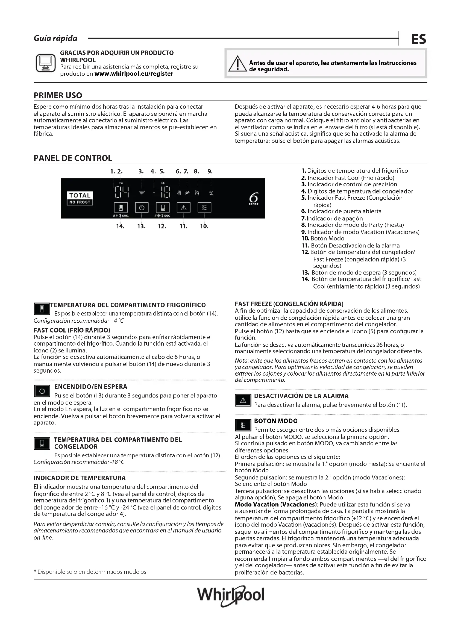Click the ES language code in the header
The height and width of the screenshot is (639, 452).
[418, 39]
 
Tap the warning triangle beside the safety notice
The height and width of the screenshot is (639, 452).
[237, 64]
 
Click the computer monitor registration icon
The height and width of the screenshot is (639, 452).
[46, 63]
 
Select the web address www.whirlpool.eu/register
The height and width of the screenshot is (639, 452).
[134, 74]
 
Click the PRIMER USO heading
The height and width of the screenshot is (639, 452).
[58, 95]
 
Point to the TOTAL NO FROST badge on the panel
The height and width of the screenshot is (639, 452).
[80, 198]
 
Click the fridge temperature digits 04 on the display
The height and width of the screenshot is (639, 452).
[122, 192]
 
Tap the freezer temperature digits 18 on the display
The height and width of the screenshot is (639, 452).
[165, 192]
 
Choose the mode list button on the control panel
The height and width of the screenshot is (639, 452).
[204, 208]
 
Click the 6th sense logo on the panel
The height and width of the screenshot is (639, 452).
[254, 198]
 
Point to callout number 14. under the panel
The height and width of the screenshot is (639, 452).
[120, 226]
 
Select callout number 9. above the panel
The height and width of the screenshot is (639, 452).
[210, 172]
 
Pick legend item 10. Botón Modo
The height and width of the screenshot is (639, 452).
[322, 238]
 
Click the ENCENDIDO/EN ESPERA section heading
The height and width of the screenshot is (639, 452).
[91, 387]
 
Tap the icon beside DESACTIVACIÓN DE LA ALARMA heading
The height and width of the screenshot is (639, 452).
[243, 401]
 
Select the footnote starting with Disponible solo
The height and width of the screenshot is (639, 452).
[90, 572]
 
